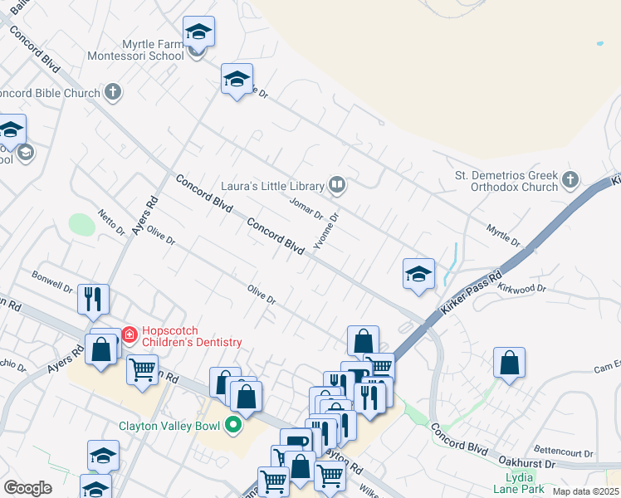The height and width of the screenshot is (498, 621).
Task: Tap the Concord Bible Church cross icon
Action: (114, 93)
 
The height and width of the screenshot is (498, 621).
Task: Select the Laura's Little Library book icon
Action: (337, 185)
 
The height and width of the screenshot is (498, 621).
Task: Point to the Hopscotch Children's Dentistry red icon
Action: (130, 335)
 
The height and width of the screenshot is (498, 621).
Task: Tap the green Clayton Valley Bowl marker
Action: (233, 427)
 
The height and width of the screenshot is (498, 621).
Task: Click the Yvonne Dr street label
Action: (325, 230)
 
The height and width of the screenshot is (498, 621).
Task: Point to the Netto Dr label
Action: (110, 222)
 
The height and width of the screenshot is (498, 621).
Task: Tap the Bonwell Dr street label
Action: (51, 281)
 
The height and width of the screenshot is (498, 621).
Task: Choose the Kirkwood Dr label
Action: (522, 288)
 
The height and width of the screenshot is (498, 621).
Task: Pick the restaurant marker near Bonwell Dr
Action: (93, 298)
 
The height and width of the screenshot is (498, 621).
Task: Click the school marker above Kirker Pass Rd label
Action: (419, 274)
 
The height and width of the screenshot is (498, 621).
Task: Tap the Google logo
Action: (27, 488)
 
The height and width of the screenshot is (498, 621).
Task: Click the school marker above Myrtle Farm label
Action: (198, 32)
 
